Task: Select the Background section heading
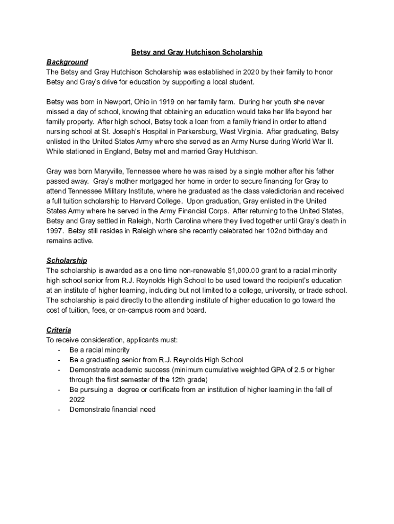67,62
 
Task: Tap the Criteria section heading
59,330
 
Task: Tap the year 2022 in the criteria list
77,400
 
